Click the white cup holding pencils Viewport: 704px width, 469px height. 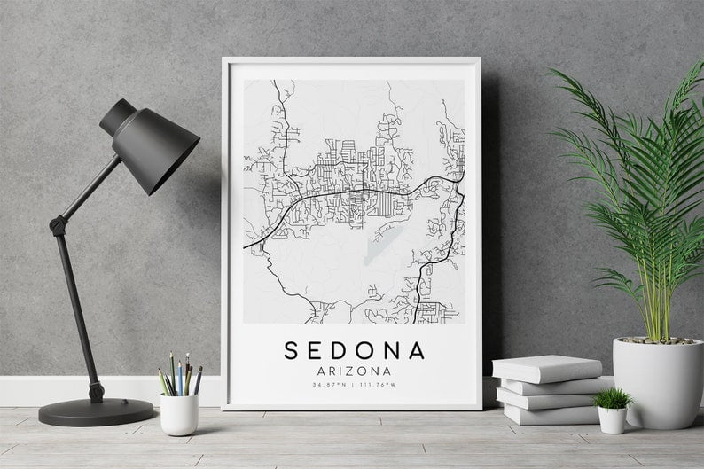click(180, 414)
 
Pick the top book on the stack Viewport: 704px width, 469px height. click(546, 368)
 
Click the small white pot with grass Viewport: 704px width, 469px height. click(612, 419)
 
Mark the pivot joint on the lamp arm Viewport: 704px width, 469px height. click(59, 225)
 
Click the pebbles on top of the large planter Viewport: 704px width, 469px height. click(657, 340)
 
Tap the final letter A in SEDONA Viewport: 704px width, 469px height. click(417, 350)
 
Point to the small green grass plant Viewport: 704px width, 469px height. click(613, 398)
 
